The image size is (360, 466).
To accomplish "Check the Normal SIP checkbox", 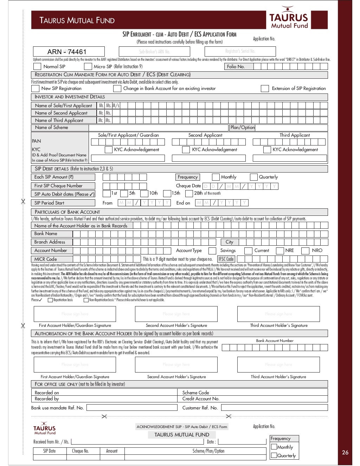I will pos(36,66).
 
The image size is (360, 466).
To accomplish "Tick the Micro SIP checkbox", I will pos(88,66).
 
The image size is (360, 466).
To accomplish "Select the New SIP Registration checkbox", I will pos(35,89).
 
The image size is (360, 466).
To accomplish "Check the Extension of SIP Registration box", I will pos(265,89).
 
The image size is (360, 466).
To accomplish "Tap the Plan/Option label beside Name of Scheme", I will pos(242,128).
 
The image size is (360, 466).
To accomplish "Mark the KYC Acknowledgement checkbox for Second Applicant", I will pos(186,150).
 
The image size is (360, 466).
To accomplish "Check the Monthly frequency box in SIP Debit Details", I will pos(216,177).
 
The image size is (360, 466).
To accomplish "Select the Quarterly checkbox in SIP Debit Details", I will pos(253,177).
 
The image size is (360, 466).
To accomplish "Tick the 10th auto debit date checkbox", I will pos(144,193).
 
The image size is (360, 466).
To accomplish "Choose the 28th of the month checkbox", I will pos(189,193).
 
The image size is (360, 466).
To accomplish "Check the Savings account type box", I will pos(212,251).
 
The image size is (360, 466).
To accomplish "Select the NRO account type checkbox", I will pos(306,251).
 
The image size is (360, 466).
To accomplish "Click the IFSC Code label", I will pos(226,259).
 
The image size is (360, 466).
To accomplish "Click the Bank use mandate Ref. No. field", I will pos(132,408).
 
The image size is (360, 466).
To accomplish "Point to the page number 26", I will pos(345,452).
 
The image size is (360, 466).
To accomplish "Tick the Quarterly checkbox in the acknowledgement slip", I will pos(274,455).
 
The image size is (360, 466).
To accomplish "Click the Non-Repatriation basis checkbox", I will pos(86,300).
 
